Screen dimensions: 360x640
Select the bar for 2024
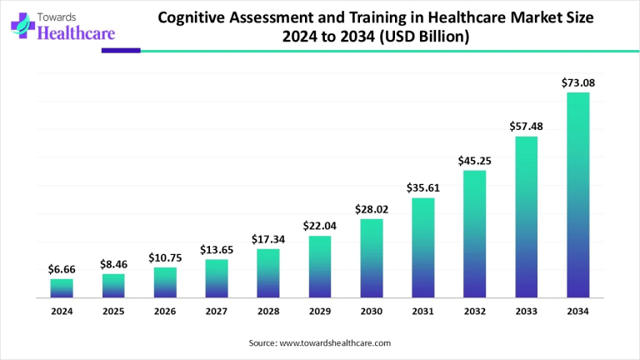pyautogui.click(x=62, y=287)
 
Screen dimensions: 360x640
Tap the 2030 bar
pyautogui.click(x=372, y=257)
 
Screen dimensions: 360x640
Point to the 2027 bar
pyautogui.click(x=217, y=278)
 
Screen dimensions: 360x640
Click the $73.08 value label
pyautogui.click(x=578, y=82)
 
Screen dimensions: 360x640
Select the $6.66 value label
pyautogui.click(x=62, y=269)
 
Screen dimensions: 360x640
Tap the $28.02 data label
pyautogui.click(x=372, y=209)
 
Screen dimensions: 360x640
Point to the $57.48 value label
pyautogui.click(x=527, y=127)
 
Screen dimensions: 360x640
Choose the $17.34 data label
pyautogui.click(x=268, y=239)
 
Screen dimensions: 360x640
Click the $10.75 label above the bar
pyautogui.click(x=165, y=257)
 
